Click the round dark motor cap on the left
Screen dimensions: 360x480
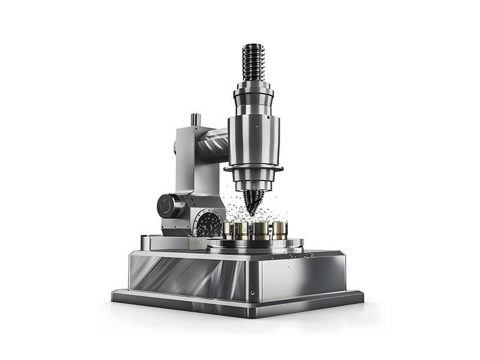(166, 206)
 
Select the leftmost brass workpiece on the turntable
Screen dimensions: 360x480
(230, 230)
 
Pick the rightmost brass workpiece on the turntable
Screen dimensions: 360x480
(279, 230)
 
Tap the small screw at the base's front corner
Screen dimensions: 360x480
(252, 292)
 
